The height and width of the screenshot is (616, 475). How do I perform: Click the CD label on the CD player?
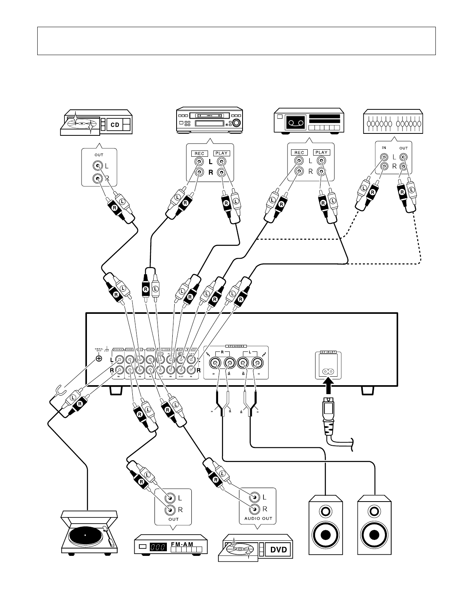[x=115, y=125]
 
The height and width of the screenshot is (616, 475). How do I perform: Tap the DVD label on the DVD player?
[x=278, y=550]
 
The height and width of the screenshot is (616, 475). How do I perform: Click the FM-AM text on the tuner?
[x=182, y=545]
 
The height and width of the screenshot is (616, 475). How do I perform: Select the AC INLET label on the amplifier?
[x=328, y=353]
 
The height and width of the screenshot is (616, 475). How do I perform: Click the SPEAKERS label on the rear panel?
[x=236, y=345]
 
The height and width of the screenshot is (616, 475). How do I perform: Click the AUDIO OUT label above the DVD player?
[x=258, y=518]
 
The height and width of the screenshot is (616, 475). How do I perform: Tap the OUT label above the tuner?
[x=173, y=519]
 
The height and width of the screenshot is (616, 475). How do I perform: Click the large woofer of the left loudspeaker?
[x=326, y=535]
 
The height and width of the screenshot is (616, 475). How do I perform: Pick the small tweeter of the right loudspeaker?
[x=374, y=510]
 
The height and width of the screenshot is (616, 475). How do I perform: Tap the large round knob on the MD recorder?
[x=235, y=123]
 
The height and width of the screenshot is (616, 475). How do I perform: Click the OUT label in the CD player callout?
[x=98, y=155]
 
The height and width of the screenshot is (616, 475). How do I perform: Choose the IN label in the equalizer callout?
[x=384, y=148]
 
